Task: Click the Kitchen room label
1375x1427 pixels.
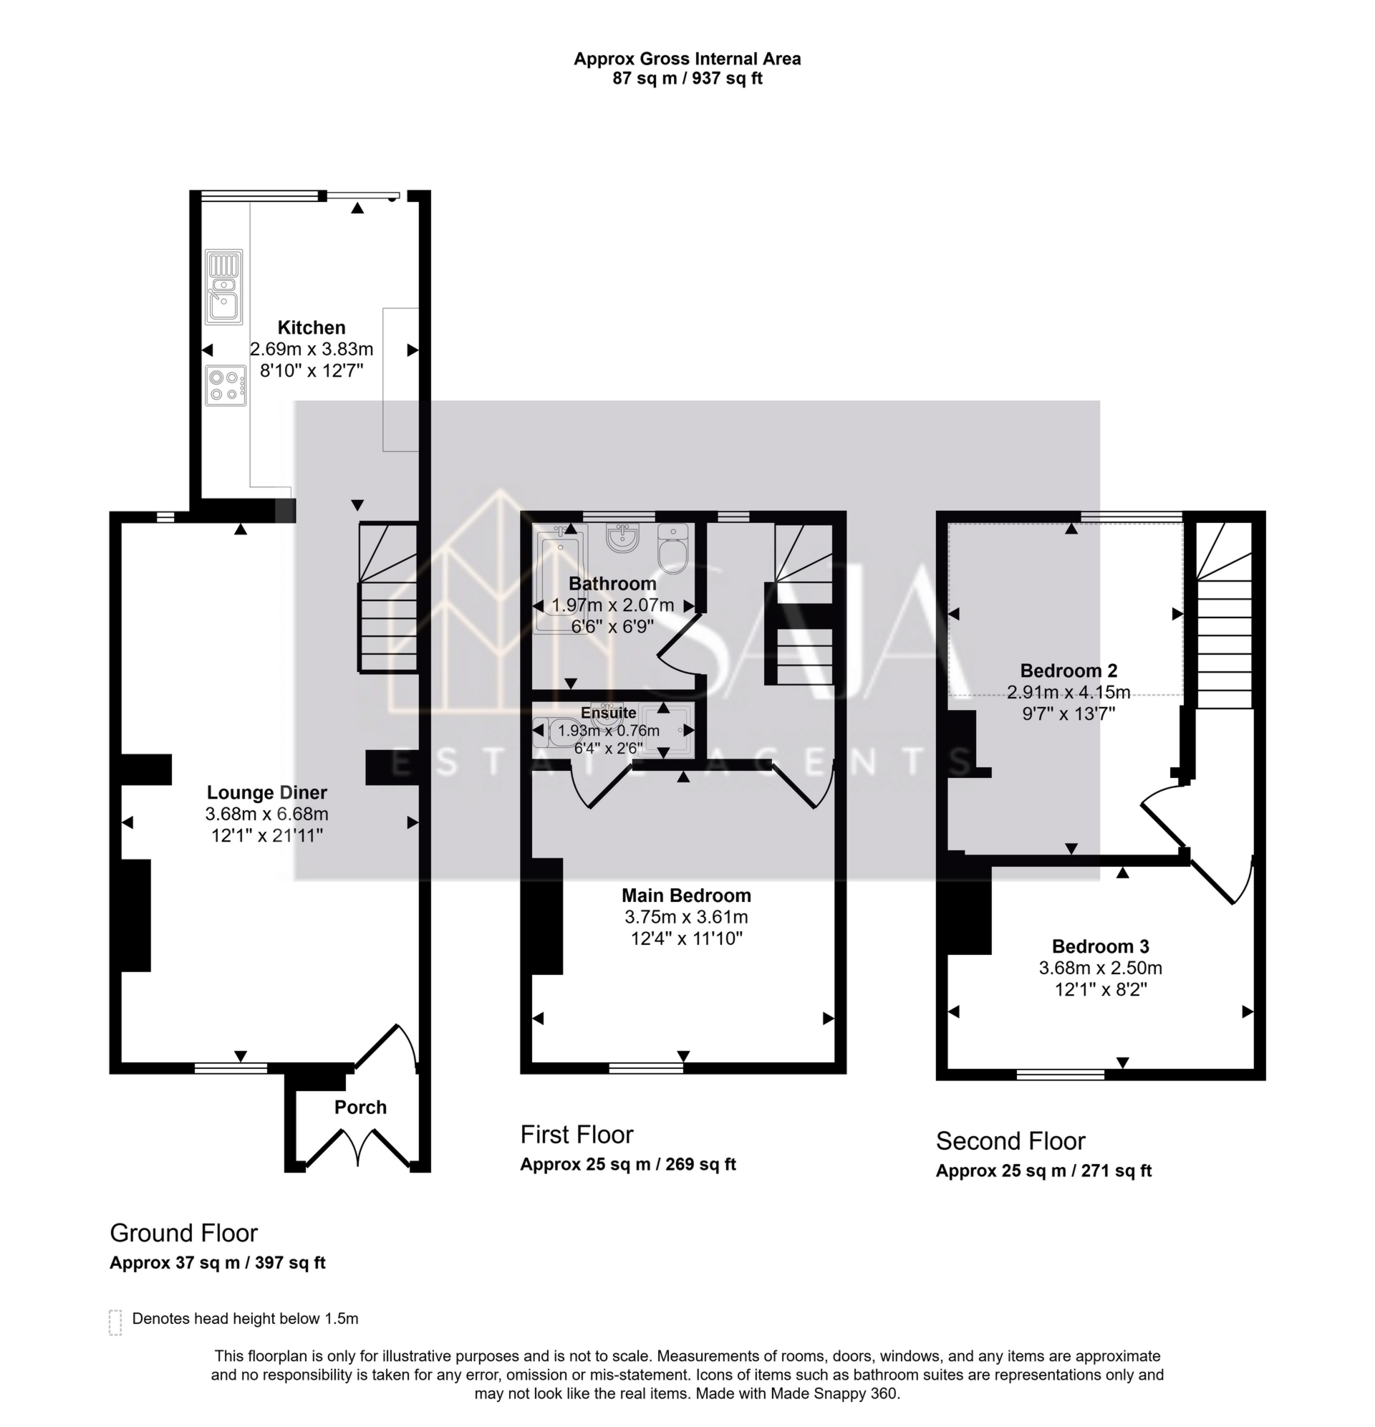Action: pyautogui.click(x=311, y=327)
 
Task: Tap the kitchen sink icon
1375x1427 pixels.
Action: pyautogui.click(x=223, y=287)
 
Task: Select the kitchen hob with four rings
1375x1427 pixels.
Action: pyautogui.click(x=224, y=385)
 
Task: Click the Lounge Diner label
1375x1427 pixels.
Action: pyautogui.click(x=266, y=793)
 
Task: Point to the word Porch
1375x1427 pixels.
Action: pyautogui.click(x=360, y=1108)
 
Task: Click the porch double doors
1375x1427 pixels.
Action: pyautogui.click(x=357, y=1147)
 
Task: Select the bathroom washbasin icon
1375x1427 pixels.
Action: pyautogui.click(x=622, y=537)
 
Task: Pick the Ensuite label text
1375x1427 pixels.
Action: pyautogui.click(x=608, y=713)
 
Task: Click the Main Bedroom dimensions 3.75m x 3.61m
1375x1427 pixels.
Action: pyautogui.click(x=685, y=918)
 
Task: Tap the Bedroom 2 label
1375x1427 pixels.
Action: pyautogui.click(x=1068, y=671)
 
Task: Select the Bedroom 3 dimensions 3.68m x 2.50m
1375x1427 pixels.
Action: pyautogui.click(x=1100, y=969)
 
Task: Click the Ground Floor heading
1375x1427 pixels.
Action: pyautogui.click(x=183, y=1234)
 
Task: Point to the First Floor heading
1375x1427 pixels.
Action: pyautogui.click(x=576, y=1135)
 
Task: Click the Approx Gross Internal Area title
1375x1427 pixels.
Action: pyautogui.click(x=686, y=59)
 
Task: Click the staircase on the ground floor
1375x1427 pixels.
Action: pyautogui.click(x=387, y=597)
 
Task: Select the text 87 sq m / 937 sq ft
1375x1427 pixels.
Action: pyautogui.click(x=686, y=79)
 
